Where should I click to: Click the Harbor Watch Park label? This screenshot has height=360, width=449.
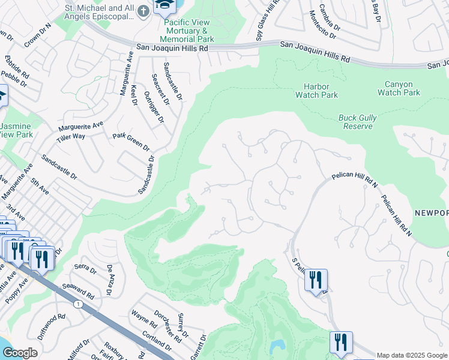coord(316,91)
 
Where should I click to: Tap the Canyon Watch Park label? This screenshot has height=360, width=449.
coord(399,88)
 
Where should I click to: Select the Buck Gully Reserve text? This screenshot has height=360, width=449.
coord(358,122)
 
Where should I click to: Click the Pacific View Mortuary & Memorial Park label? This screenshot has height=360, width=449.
coord(186,31)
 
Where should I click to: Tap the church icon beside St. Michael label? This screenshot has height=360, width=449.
coord(143,11)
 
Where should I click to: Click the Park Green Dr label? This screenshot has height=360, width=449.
coord(131,142)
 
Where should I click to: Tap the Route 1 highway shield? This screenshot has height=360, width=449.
coord(77,305)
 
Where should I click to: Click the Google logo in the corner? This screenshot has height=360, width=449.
coord(20,353)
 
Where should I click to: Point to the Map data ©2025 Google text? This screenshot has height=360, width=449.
coord(411,355)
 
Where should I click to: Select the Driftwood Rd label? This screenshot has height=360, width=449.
coord(51,326)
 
